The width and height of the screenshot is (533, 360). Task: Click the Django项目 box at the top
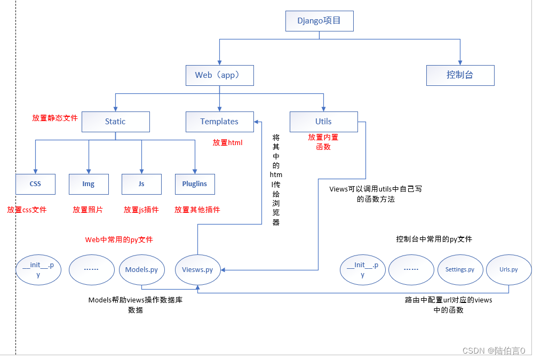coord(319,21)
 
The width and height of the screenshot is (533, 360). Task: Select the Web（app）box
coord(219,75)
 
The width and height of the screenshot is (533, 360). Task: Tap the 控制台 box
coord(460,75)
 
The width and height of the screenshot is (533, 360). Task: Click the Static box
coord(115,122)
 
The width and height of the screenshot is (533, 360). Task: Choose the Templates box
coord(219,122)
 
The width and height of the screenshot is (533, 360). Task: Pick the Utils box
coord(323,122)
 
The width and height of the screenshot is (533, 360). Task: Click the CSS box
coord(35,184)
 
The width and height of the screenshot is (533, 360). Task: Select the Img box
coord(89,184)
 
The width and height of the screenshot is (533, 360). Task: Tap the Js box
coord(141,184)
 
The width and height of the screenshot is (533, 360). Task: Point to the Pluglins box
coord(195,184)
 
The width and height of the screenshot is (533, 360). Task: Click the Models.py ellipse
coord(141,269)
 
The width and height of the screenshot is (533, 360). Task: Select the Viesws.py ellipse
coord(197,269)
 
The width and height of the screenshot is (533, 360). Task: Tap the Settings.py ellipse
coord(460,269)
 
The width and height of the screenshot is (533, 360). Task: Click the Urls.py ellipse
coord(508,269)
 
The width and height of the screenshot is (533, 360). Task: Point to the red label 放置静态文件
coord(55,118)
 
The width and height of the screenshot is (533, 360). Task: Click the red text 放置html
coord(228,142)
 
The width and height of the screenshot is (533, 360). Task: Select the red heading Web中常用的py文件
coord(119,239)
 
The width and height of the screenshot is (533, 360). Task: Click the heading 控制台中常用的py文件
coord(434,239)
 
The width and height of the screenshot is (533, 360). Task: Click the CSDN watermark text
coord(494,350)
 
